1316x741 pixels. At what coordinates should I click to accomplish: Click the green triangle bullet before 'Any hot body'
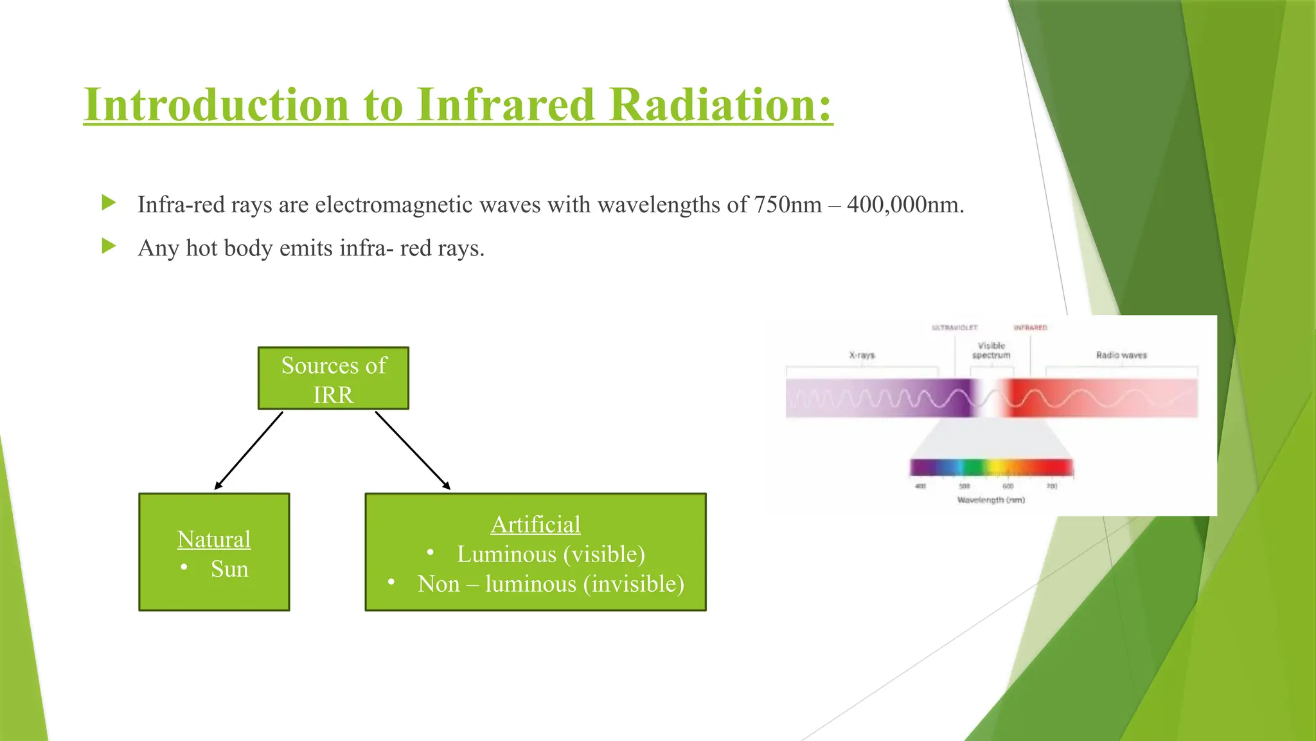[x=109, y=246]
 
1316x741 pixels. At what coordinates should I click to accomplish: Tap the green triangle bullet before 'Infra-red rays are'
[x=109, y=203]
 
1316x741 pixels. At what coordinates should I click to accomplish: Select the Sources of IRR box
[x=333, y=379]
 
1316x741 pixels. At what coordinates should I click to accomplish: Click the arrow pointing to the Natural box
[x=249, y=451]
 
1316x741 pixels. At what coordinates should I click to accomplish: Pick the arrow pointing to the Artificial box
[x=413, y=451]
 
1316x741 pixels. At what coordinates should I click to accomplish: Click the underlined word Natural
[x=214, y=539]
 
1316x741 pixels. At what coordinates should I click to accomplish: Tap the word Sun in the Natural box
[x=229, y=569]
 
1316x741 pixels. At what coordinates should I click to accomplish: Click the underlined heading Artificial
[x=535, y=524]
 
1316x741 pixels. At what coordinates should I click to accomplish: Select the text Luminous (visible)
[x=551, y=554]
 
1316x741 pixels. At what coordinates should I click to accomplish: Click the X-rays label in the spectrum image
[x=862, y=355]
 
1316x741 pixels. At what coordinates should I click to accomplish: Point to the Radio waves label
[x=1121, y=355]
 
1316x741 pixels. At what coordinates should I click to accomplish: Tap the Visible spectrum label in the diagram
[x=991, y=351]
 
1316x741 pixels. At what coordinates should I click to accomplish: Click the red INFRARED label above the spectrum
[x=1030, y=328]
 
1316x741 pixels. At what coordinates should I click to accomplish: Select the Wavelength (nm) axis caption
[x=991, y=500]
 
